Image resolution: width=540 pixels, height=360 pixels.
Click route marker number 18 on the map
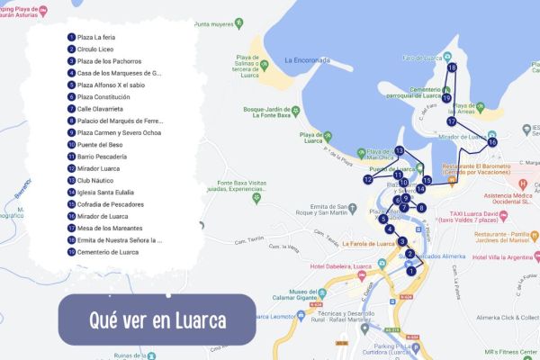pyautogui.click(x=452, y=67)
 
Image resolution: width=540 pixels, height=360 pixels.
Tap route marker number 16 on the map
pyautogui.click(x=492, y=142)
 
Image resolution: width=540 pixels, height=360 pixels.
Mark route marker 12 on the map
pyautogui.click(x=368, y=180)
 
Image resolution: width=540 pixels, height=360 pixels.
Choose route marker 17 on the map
pyautogui.click(x=452, y=121)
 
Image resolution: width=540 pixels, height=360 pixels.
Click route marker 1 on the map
pyautogui.click(x=410, y=270)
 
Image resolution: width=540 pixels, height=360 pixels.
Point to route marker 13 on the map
pyautogui.click(x=399, y=150)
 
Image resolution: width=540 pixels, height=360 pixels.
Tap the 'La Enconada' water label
pyautogui.click(x=309, y=60)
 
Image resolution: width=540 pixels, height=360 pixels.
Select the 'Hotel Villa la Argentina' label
pyautogui.click(x=508, y=256)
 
